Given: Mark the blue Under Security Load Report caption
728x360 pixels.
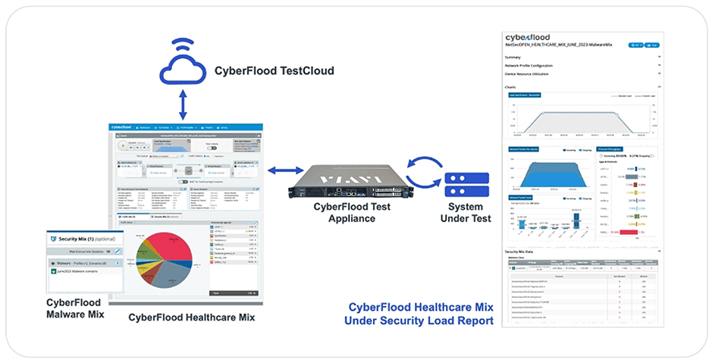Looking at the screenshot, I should pyautogui.click(x=418, y=321).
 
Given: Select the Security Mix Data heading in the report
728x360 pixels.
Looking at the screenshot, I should pyautogui.click(x=529, y=251).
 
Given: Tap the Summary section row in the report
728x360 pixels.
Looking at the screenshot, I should pyautogui.click(x=513, y=56).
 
